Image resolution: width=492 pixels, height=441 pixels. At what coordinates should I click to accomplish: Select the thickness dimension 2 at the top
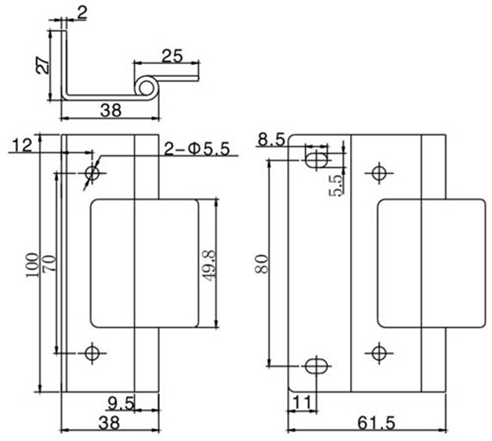tap(82, 11)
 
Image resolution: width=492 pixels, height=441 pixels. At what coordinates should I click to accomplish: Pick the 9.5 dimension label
tap(121, 402)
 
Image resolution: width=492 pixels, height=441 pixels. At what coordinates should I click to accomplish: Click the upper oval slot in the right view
tap(317, 157)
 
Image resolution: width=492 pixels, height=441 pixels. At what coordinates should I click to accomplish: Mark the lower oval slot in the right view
tap(317, 365)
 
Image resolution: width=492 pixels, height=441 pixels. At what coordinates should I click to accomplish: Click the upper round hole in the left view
tap(92, 173)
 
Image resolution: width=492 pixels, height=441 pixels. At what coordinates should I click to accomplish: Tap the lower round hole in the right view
tap(378, 353)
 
